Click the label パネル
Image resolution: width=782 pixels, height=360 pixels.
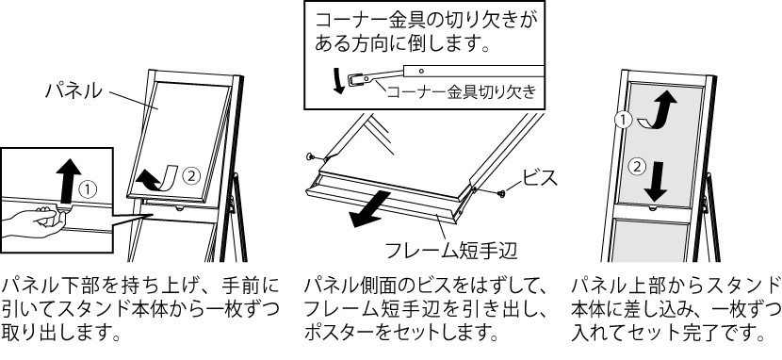[x=73, y=90]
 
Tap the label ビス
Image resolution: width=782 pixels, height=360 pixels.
[x=540, y=177]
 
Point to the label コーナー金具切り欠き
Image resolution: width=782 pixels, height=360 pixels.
[x=462, y=92]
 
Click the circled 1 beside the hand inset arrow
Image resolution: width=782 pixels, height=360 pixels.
[x=88, y=189]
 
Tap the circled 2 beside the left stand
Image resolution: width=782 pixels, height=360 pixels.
[x=190, y=175]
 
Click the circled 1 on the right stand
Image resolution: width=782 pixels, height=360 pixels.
[x=622, y=120]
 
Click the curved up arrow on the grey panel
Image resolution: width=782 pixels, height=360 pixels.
[x=658, y=111]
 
